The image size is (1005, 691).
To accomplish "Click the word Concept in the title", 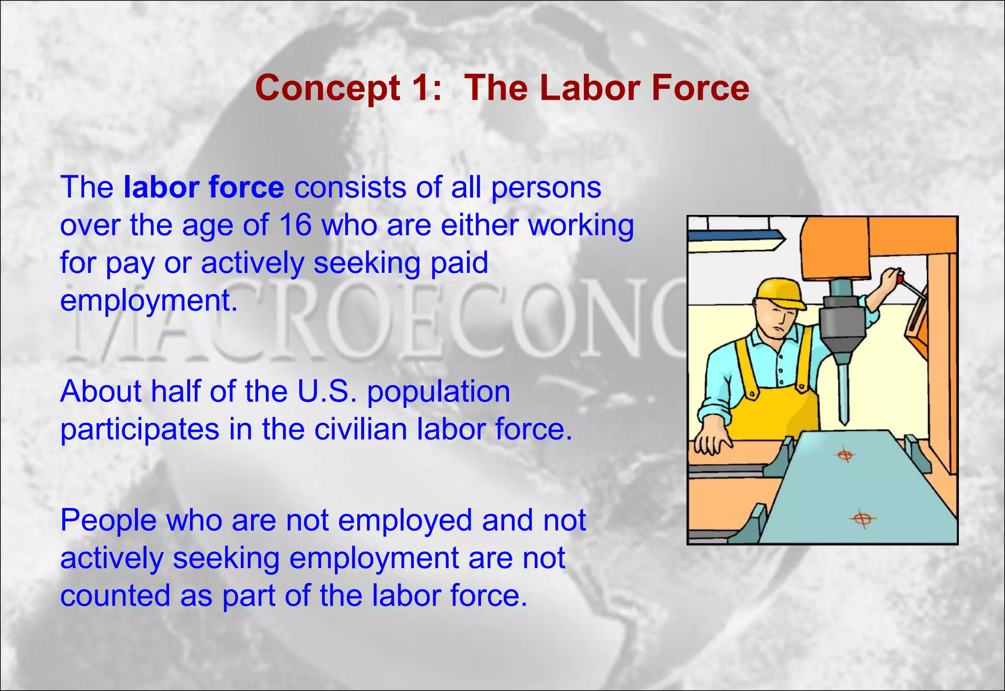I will click(x=328, y=88).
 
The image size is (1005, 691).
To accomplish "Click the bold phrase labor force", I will click(x=204, y=187).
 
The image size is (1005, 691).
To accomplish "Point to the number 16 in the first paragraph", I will click(x=295, y=225).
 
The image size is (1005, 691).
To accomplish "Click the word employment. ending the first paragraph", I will click(x=149, y=300).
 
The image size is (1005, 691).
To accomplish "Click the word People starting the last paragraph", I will click(x=108, y=520).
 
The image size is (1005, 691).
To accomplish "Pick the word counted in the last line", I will click(x=115, y=595).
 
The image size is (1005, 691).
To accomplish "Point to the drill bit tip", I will click(x=844, y=420).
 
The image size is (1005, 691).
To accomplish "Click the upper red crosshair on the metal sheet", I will click(x=845, y=455).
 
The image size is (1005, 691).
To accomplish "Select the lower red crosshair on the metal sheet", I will click(x=862, y=518).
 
